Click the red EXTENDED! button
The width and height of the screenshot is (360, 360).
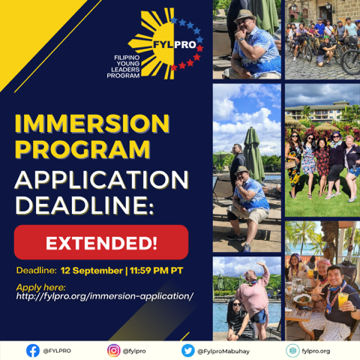click(x=100, y=242)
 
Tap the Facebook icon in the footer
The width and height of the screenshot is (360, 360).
click(x=33, y=350)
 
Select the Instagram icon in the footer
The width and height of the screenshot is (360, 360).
click(x=113, y=350)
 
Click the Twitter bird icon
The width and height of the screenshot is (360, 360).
click(x=187, y=350)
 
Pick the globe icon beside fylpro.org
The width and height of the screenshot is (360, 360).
click(x=292, y=350)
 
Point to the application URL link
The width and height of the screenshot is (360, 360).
click(x=104, y=295)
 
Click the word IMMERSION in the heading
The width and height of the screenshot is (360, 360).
click(x=92, y=121)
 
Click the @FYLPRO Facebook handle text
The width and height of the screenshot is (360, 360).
click(x=57, y=350)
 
